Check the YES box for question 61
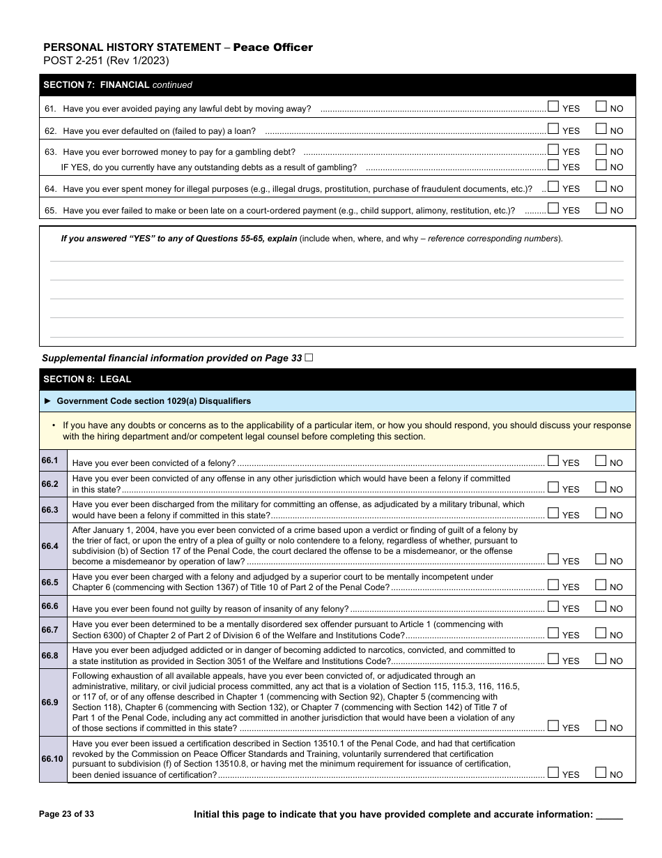(x=553, y=107)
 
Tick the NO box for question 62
(x=601, y=128)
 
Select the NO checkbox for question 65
(x=601, y=208)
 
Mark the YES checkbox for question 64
(x=553, y=186)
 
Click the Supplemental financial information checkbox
(x=309, y=357)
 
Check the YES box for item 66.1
(x=553, y=460)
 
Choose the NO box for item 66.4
(x=601, y=559)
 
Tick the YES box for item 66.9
(x=553, y=725)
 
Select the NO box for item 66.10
(x=601, y=772)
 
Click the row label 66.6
(x=50, y=606)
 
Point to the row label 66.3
(x=50, y=510)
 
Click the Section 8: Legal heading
(x=87, y=379)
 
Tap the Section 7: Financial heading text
(x=96, y=85)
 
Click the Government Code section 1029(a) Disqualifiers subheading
(x=153, y=401)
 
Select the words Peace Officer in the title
(x=272, y=47)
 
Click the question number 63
(x=50, y=152)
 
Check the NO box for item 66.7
(x=601, y=633)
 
